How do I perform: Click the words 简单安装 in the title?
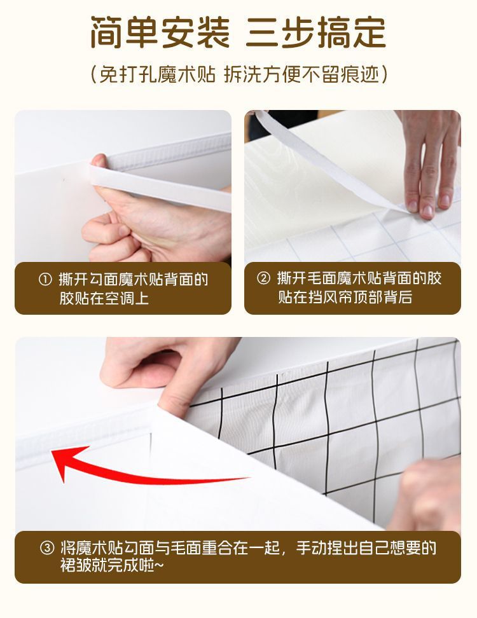tap(160, 32)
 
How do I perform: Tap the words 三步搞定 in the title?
tap(315, 32)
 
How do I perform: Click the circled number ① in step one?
tap(45, 280)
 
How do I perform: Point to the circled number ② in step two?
tap(263, 278)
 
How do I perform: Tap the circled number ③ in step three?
tap(47, 548)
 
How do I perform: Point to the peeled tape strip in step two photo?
tap(327, 161)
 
